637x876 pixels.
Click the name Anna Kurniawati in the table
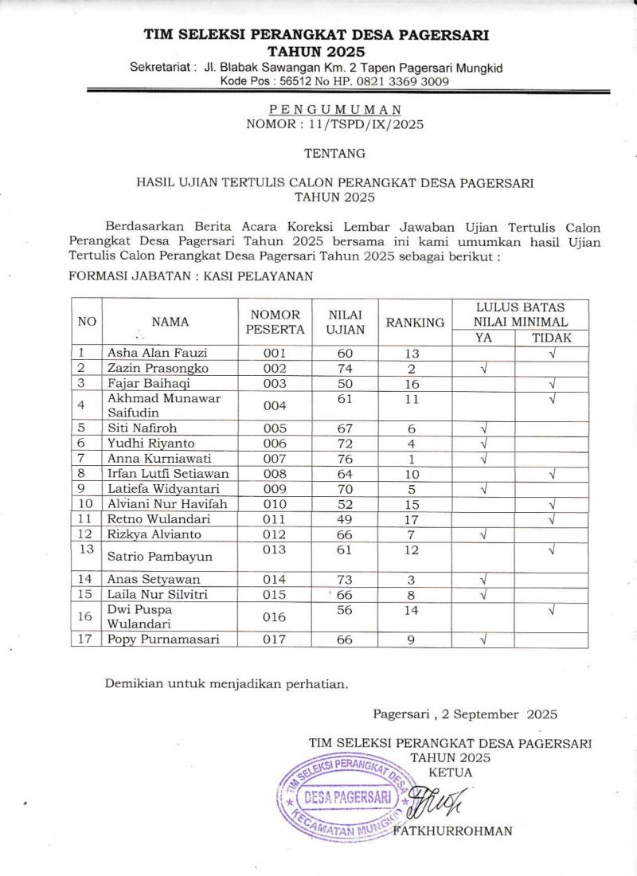(151, 460)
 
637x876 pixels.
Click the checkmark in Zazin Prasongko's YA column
(483, 370)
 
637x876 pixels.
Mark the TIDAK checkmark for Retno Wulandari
(552, 518)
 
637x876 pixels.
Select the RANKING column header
(414, 323)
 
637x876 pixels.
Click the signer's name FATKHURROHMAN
(453, 831)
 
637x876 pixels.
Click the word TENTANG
(334, 153)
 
